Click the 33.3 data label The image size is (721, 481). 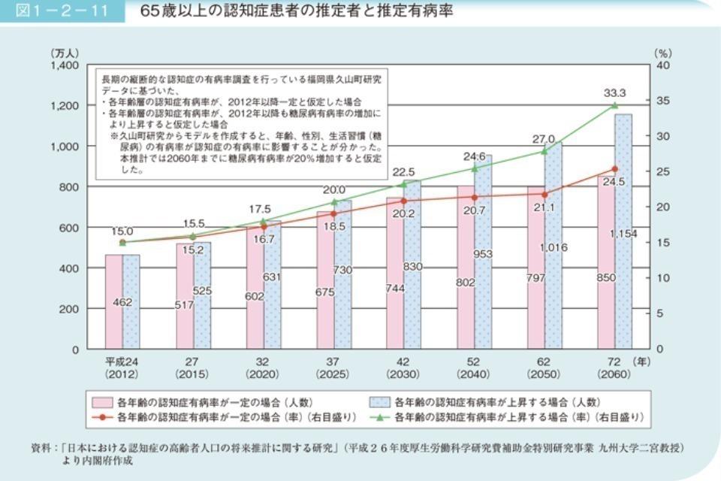point(614,92)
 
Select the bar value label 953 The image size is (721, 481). point(483,255)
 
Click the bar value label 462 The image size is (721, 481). point(122,302)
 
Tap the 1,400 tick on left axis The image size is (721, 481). point(65,65)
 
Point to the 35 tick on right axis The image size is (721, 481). point(661,101)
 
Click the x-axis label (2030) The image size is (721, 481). point(403,374)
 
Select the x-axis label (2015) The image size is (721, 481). point(192,374)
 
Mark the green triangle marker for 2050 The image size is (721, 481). point(545,151)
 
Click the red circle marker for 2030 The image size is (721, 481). point(403,201)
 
